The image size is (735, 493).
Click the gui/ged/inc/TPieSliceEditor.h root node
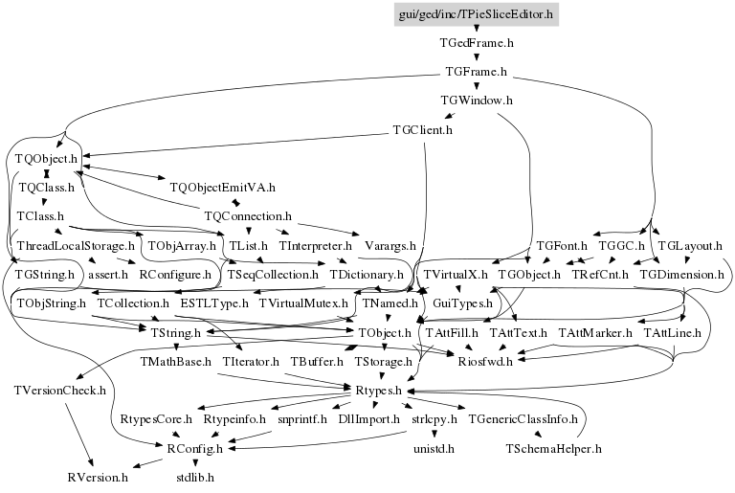[476, 14]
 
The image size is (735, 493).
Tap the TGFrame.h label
[477, 72]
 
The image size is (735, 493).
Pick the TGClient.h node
[423, 129]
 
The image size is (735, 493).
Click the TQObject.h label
[46, 157]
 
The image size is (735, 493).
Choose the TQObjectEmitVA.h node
[222, 187]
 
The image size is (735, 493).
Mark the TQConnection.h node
[248, 216]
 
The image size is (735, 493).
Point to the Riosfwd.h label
[485, 361]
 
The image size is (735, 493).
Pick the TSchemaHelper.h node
[553, 447]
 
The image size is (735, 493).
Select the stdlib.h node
[195, 476]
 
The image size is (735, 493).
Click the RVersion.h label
[98, 476]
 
